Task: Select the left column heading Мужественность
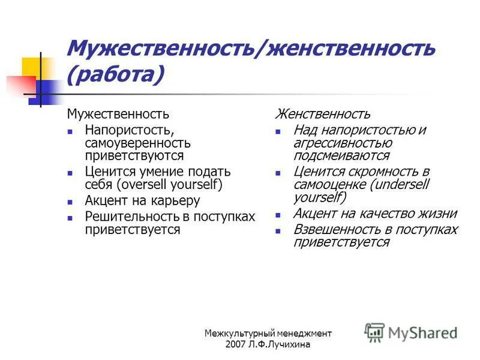[118, 113]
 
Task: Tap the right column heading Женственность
[323, 113]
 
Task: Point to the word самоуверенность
[138, 143]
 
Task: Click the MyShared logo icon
[375, 332]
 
